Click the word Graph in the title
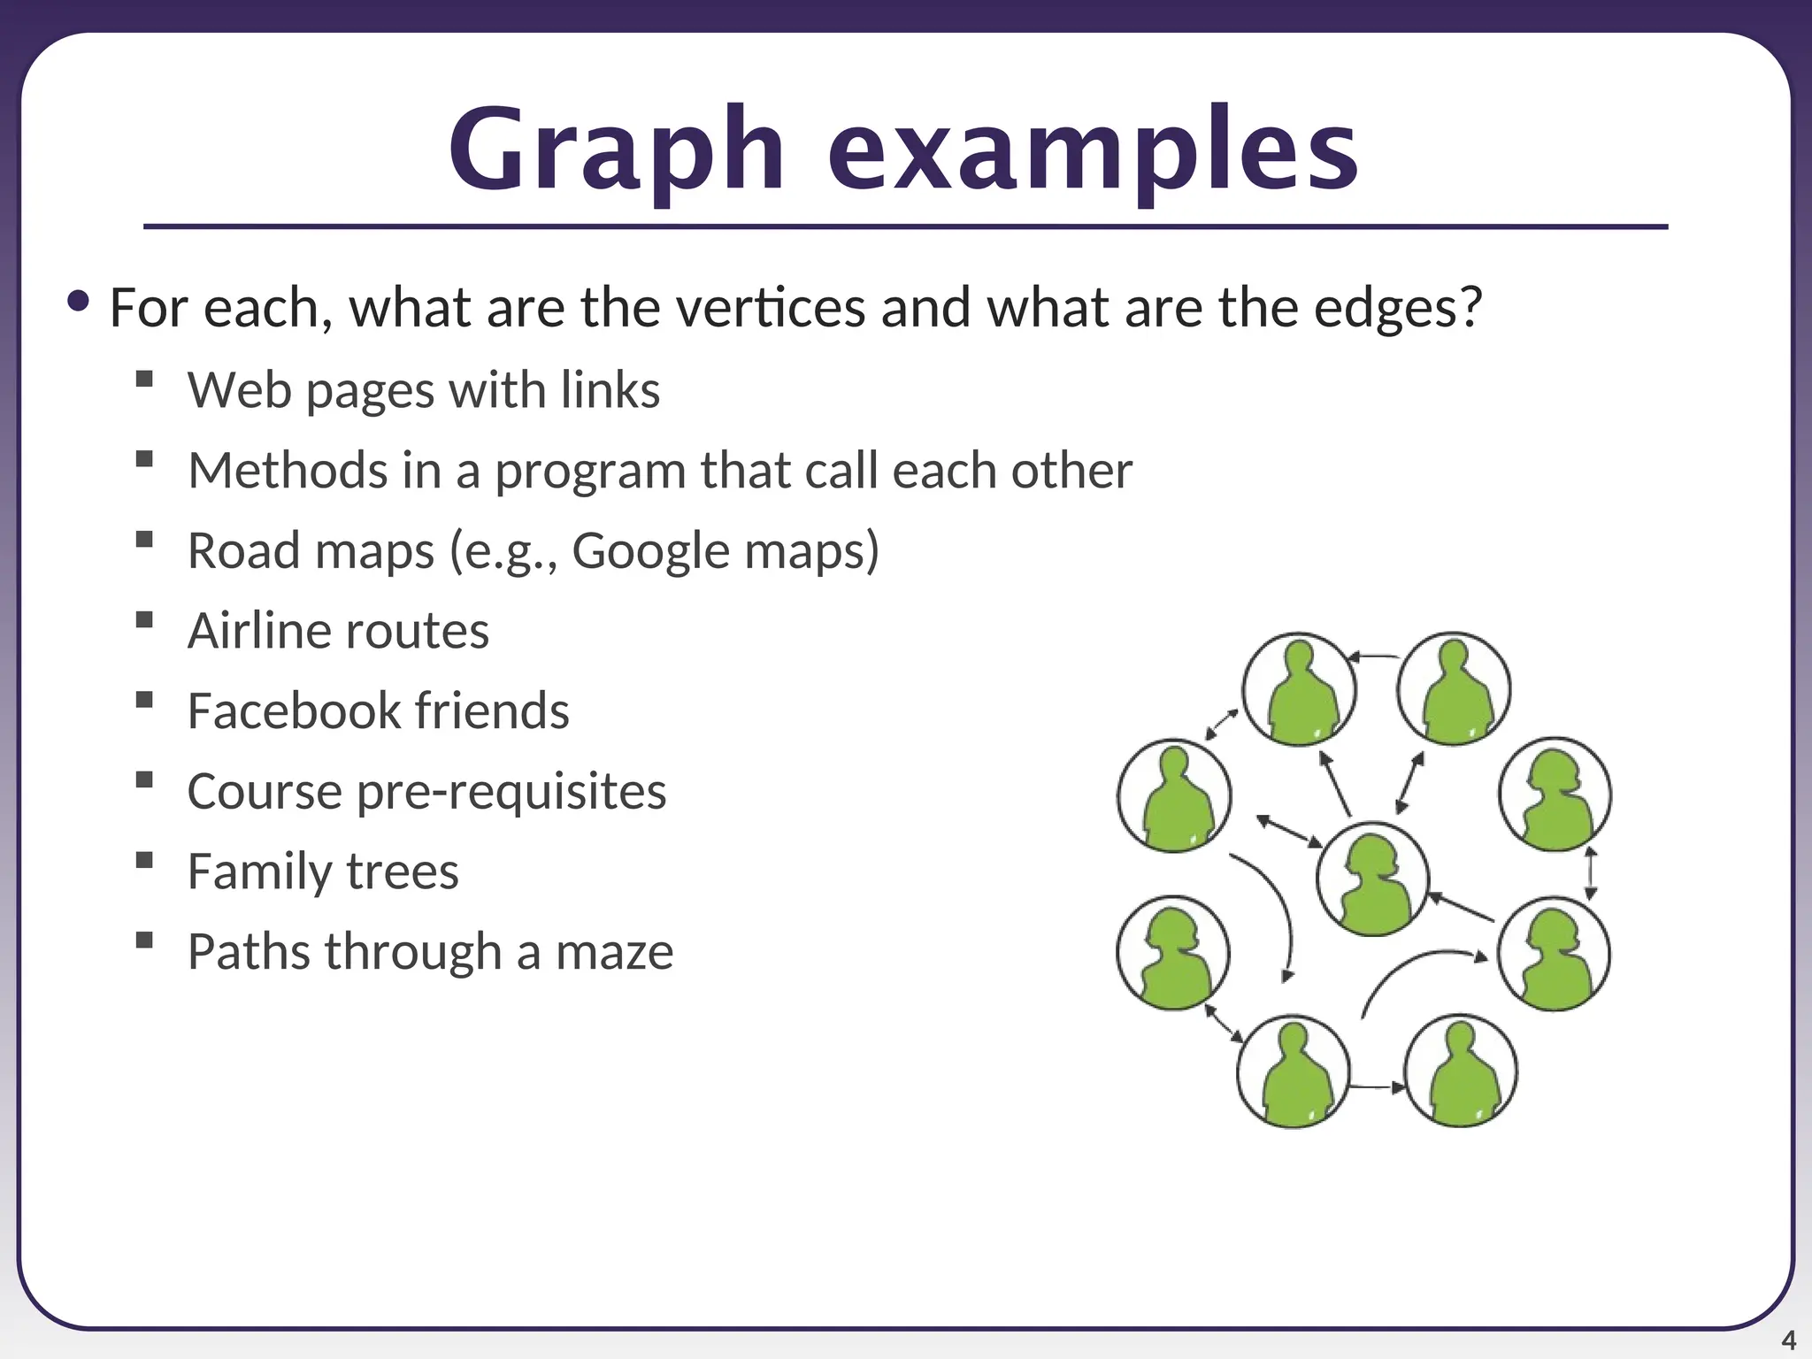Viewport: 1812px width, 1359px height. point(617,150)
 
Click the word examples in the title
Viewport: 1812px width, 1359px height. point(1093,150)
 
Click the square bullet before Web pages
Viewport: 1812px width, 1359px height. point(145,380)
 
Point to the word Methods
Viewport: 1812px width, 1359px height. point(287,470)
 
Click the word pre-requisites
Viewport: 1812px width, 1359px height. point(511,791)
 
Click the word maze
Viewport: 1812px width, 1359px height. point(614,952)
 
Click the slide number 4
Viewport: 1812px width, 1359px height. point(1787,1340)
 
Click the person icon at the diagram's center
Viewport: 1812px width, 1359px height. point(1372,879)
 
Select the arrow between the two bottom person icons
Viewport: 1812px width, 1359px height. point(1377,1086)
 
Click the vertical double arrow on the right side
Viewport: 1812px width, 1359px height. point(1590,873)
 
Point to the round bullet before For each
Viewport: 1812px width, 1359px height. point(79,302)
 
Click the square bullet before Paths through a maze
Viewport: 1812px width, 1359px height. point(145,940)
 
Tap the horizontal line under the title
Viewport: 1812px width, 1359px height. point(905,227)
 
